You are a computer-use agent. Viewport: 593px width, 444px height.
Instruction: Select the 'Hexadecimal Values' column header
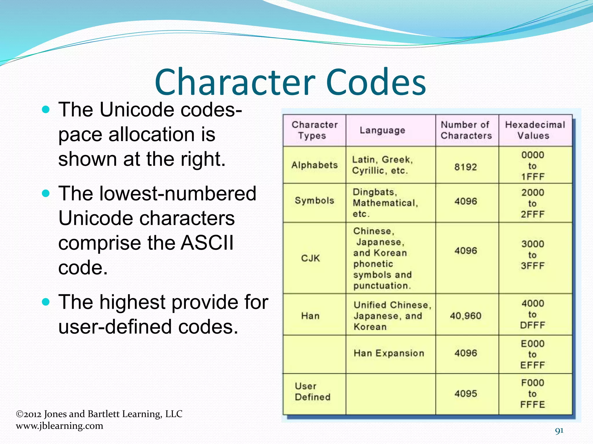(x=535, y=130)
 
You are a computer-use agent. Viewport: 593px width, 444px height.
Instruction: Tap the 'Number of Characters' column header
(x=466, y=130)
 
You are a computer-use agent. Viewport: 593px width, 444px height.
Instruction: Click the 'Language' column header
(x=382, y=130)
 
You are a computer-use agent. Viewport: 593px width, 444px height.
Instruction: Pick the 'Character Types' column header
(x=314, y=130)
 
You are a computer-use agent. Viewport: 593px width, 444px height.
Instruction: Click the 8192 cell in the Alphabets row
(x=466, y=167)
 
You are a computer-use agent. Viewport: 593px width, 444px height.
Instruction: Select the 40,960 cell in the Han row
(x=466, y=316)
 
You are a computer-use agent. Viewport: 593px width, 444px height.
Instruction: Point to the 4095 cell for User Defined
(x=466, y=393)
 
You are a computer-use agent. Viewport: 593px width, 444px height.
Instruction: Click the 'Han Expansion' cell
(x=389, y=353)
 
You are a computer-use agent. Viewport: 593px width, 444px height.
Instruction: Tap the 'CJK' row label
(x=310, y=258)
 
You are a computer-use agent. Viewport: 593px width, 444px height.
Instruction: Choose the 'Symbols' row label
(x=314, y=200)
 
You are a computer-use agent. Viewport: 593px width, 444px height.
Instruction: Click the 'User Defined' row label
(x=312, y=392)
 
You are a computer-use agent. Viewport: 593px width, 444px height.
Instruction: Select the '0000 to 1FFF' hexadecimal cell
(x=533, y=166)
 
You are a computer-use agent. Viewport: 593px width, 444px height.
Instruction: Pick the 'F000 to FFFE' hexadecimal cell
(x=533, y=393)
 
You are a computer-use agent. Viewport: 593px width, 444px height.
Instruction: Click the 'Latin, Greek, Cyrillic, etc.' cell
(x=382, y=165)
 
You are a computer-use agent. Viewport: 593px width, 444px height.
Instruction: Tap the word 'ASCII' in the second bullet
(x=207, y=243)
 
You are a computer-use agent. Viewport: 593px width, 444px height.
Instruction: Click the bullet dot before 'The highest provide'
(x=46, y=302)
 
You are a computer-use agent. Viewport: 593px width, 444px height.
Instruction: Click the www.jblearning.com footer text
(x=60, y=426)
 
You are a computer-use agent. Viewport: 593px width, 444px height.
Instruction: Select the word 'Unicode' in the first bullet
(x=137, y=110)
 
